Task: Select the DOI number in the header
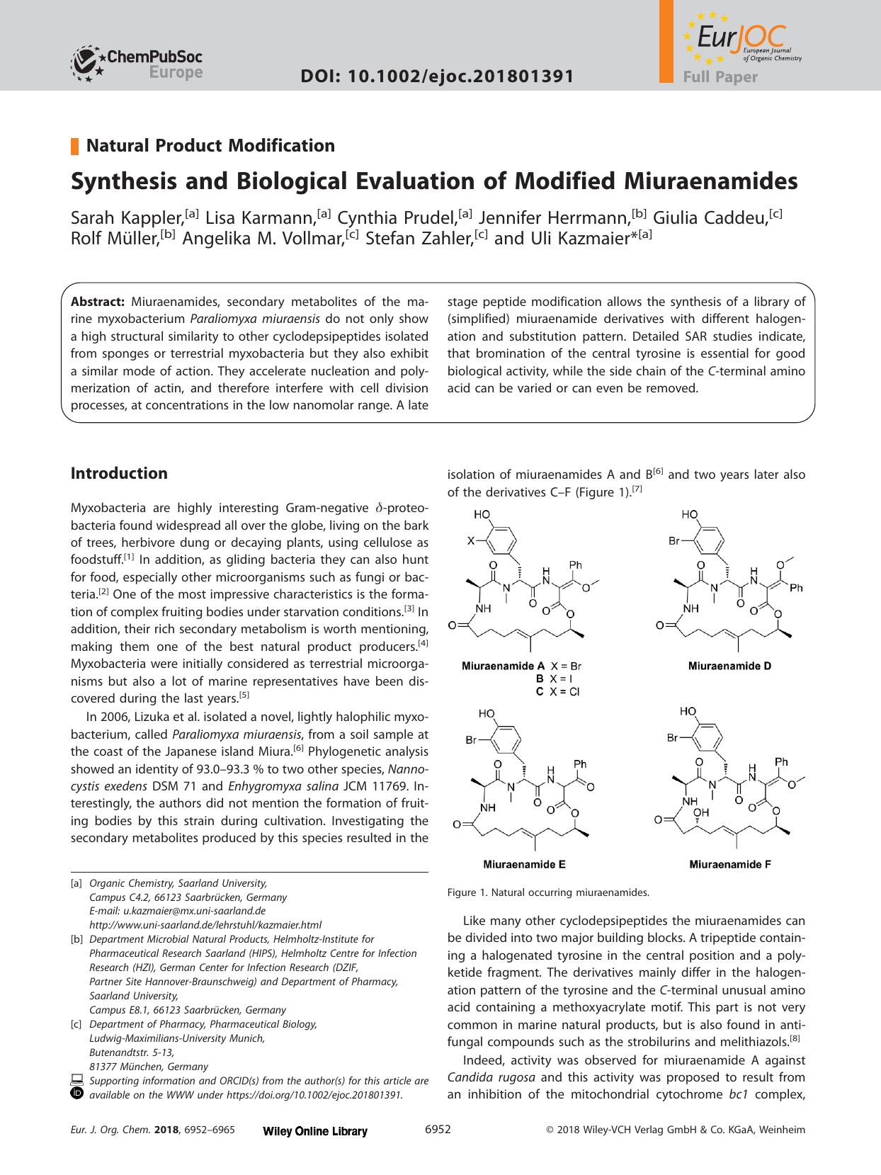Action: tap(437, 76)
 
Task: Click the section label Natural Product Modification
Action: tap(210, 146)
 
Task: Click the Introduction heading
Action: tap(119, 473)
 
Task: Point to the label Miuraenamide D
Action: tap(729, 666)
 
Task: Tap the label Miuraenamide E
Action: tap(523, 864)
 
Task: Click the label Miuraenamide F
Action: tap(729, 864)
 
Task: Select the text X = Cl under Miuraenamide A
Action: tap(565, 691)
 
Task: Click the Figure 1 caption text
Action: tap(548, 892)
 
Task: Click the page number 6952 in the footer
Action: tap(438, 1130)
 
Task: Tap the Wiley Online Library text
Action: tap(315, 1131)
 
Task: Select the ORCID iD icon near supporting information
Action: tap(77, 1094)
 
